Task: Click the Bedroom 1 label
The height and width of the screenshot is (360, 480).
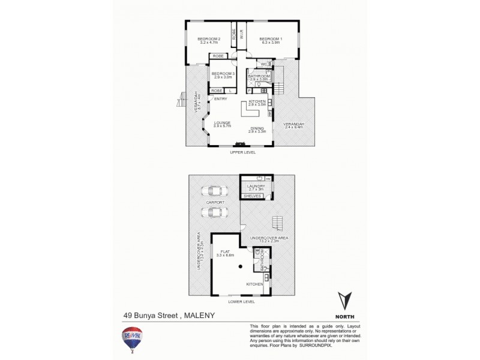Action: tap(271, 39)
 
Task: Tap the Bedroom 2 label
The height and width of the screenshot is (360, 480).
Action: tap(210, 39)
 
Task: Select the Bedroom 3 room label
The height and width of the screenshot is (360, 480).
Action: tap(222, 74)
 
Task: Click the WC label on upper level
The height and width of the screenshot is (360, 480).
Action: tap(263, 64)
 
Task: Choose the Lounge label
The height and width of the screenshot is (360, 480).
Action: tap(222, 123)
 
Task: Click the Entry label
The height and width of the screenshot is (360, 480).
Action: tap(220, 99)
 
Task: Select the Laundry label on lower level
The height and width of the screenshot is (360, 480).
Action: tap(256, 186)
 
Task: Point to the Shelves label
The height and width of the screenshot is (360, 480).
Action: tap(251, 196)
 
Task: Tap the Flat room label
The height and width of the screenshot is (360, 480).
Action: tap(225, 251)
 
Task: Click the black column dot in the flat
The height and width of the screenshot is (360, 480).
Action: tap(240, 266)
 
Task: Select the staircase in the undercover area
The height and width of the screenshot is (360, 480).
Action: tap(277, 223)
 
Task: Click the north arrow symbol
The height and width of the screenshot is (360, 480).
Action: tap(344, 301)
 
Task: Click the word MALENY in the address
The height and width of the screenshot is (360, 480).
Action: tap(199, 314)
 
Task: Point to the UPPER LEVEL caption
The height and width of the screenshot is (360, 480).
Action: tap(243, 152)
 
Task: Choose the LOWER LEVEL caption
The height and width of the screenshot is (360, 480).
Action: tap(242, 301)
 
